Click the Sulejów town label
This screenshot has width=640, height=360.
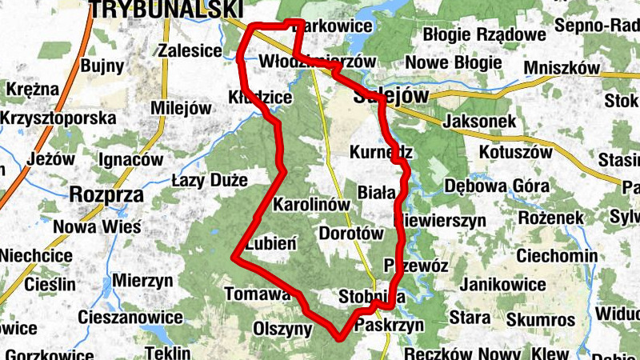point(390,98)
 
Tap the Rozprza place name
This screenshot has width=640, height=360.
point(106,194)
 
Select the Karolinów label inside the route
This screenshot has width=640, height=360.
point(312,204)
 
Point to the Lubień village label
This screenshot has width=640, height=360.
point(272,243)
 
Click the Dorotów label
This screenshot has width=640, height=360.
point(351,234)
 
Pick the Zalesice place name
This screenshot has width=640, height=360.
point(190,50)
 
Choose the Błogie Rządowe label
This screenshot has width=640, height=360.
point(484,34)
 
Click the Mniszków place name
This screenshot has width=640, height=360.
point(563,69)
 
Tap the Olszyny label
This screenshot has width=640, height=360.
point(282,328)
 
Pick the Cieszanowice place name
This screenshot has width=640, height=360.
point(129,316)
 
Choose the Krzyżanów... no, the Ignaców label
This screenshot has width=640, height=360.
point(130,159)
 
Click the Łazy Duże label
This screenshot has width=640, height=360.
point(210,180)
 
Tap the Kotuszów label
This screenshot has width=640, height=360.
point(516,151)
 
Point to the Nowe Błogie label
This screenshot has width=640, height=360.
point(453,62)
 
